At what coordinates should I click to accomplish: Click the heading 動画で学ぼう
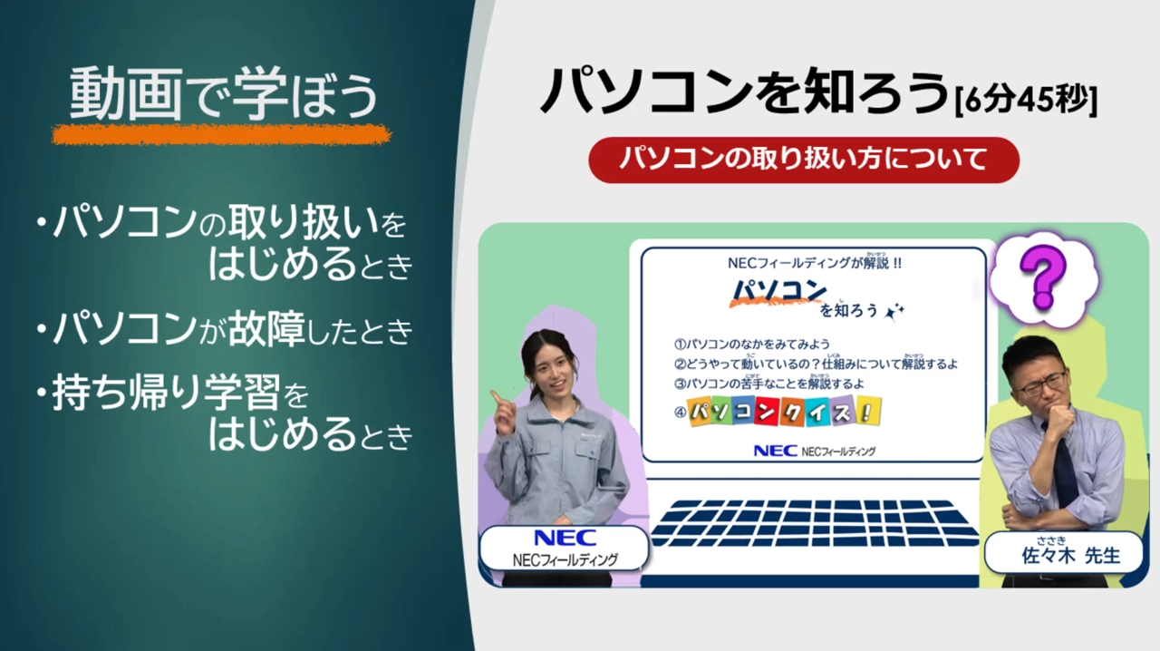pyautogui.click(x=222, y=95)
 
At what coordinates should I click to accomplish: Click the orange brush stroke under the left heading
pyautogui.click(x=222, y=135)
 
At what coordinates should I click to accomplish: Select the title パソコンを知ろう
pyautogui.click(x=743, y=93)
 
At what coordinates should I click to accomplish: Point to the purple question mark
pyautogui.click(x=1042, y=275)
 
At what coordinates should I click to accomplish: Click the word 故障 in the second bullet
pyautogui.click(x=271, y=329)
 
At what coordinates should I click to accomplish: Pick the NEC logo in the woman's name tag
pyautogui.click(x=565, y=539)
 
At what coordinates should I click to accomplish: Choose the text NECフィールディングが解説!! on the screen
pyautogui.click(x=815, y=264)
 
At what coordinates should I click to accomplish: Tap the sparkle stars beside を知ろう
pyautogui.click(x=894, y=311)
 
